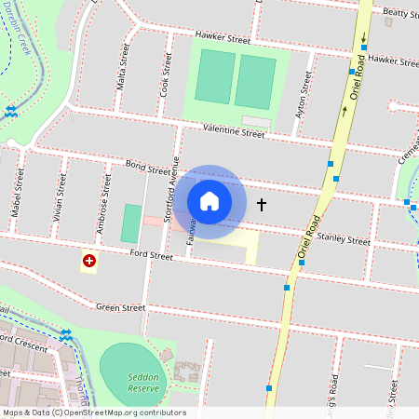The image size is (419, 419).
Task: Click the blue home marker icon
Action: (209, 201)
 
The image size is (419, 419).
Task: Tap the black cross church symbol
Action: (261, 204)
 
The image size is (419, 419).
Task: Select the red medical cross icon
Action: (89, 263)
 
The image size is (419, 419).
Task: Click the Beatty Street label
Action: (401, 13)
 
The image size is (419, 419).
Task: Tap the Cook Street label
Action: (166, 74)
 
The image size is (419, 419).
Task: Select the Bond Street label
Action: (147, 167)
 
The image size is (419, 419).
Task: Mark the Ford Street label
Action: (152, 254)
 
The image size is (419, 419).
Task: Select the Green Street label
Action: (120, 307)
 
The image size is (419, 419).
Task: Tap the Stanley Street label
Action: (344, 239)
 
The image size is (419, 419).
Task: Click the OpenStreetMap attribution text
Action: (94, 412)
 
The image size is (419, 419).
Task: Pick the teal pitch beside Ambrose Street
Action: (131, 223)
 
